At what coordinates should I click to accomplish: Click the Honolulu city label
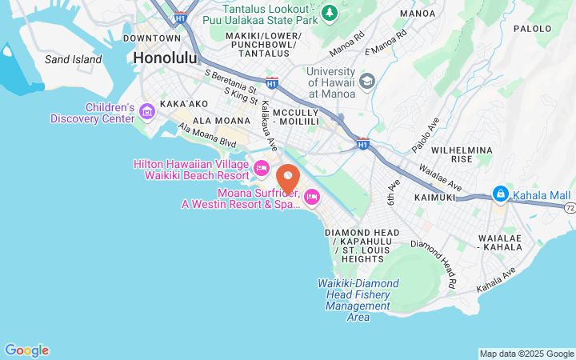[x=166, y=58]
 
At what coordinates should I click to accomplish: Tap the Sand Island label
[x=73, y=59]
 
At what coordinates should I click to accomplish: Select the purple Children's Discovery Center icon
[x=146, y=111]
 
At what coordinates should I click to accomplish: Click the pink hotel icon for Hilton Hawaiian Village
[x=261, y=168]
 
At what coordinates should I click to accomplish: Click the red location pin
[x=288, y=178]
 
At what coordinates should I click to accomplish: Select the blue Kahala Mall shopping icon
[x=500, y=194]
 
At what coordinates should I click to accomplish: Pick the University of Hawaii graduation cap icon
[x=367, y=81]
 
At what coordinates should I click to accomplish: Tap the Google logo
[x=26, y=350]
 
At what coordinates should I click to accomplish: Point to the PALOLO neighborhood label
[x=532, y=28]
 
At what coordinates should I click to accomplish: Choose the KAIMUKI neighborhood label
[x=434, y=197]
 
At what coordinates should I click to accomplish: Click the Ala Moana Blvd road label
[x=207, y=135]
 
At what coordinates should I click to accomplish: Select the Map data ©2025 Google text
[x=526, y=354]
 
